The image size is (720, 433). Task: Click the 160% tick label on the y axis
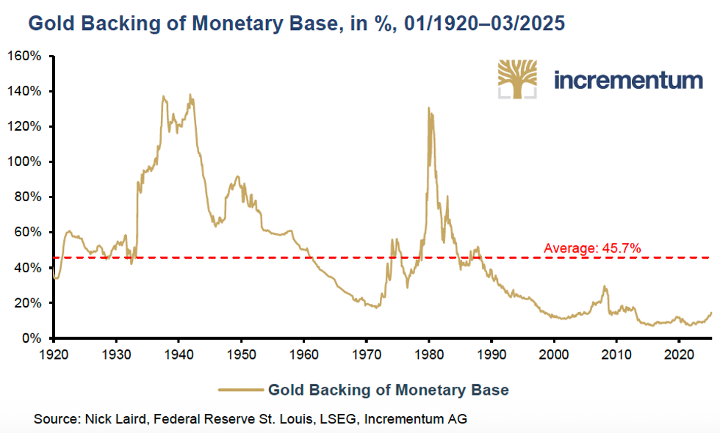25,57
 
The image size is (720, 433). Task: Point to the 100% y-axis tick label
25,162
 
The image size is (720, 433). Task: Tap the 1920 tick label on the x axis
53,354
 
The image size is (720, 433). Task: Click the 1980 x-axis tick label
428,354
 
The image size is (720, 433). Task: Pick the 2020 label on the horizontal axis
679,354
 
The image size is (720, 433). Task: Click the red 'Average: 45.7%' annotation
592,249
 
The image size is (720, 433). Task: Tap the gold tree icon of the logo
517,79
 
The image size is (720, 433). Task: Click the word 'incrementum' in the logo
628,79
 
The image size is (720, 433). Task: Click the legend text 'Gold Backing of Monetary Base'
388,390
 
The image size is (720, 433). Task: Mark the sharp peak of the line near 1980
428,109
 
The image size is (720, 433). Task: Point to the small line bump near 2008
605,287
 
